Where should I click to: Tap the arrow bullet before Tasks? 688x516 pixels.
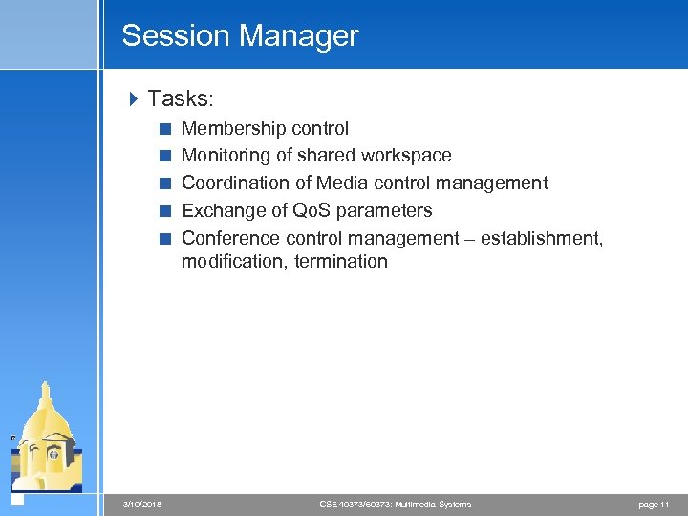[133, 97]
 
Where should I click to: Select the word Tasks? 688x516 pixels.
[180, 97]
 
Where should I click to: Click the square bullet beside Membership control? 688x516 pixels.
[164, 128]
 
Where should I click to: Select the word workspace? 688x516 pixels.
[405, 155]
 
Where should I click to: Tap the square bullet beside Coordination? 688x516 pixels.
[164, 183]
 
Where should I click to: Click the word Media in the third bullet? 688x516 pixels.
[342, 183]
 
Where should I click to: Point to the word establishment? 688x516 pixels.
[542, 238]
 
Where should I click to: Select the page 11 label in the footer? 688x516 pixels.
[653, 504]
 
